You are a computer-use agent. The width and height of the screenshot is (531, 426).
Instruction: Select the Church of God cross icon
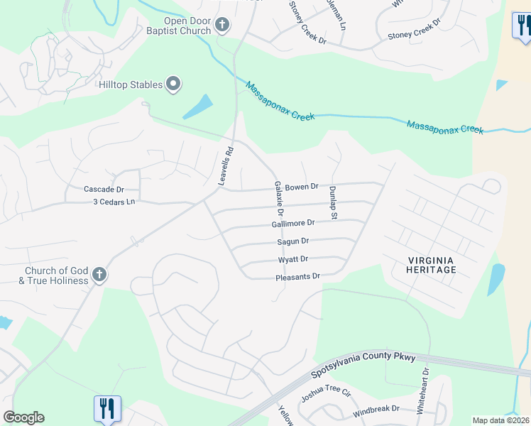coord(99,275)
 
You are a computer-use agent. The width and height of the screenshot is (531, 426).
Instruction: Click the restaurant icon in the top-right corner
coord(522,26)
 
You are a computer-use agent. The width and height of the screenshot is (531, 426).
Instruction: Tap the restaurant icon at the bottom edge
coord(107,408)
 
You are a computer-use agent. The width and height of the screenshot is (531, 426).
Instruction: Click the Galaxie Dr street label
coord(279,198)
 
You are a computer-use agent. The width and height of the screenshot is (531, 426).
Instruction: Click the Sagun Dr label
coord(293,241)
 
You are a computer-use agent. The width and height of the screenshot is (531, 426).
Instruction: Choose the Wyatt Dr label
coord(294,259)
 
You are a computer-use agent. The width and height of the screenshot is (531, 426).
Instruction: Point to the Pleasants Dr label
coord(298,276)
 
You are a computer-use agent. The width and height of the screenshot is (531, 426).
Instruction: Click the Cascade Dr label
coord(104,190)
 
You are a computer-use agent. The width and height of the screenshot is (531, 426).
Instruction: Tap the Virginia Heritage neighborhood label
coord(431,265)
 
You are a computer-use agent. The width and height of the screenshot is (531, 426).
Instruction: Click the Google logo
coord(23,417)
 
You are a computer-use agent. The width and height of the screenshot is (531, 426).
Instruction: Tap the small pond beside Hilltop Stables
coord(198,107)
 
